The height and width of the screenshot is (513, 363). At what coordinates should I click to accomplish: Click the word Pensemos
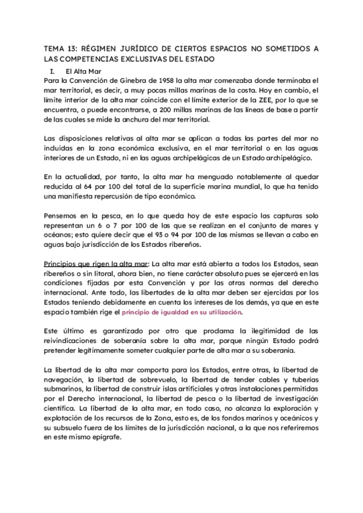point(62,216)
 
